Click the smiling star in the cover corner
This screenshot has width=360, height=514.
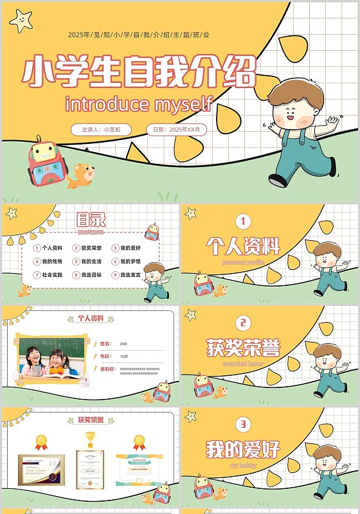(x=21, y=21)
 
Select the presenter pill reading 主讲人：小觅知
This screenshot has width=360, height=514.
(x=101, y=129)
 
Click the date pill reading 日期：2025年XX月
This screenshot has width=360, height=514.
(x=176, y=129)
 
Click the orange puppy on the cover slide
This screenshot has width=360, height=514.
(x=81, y=175)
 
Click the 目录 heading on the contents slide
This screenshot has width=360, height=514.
(x=91, y=219)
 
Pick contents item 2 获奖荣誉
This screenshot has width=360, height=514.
(x=88, y=248)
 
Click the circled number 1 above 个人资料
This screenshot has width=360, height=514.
(x=243, y=222)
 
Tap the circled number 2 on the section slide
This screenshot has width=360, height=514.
(x=243, y=323)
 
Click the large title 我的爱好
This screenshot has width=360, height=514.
(x=243, y=449)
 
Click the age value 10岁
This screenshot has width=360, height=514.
(x=124, y=356)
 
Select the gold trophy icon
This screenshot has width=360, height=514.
(x=90, y=439)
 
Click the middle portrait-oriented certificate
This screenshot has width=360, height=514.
(x=90, y=469)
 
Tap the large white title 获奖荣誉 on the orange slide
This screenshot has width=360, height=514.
(x=243, y=348)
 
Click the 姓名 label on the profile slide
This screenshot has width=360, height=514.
(x=105, y=344)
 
